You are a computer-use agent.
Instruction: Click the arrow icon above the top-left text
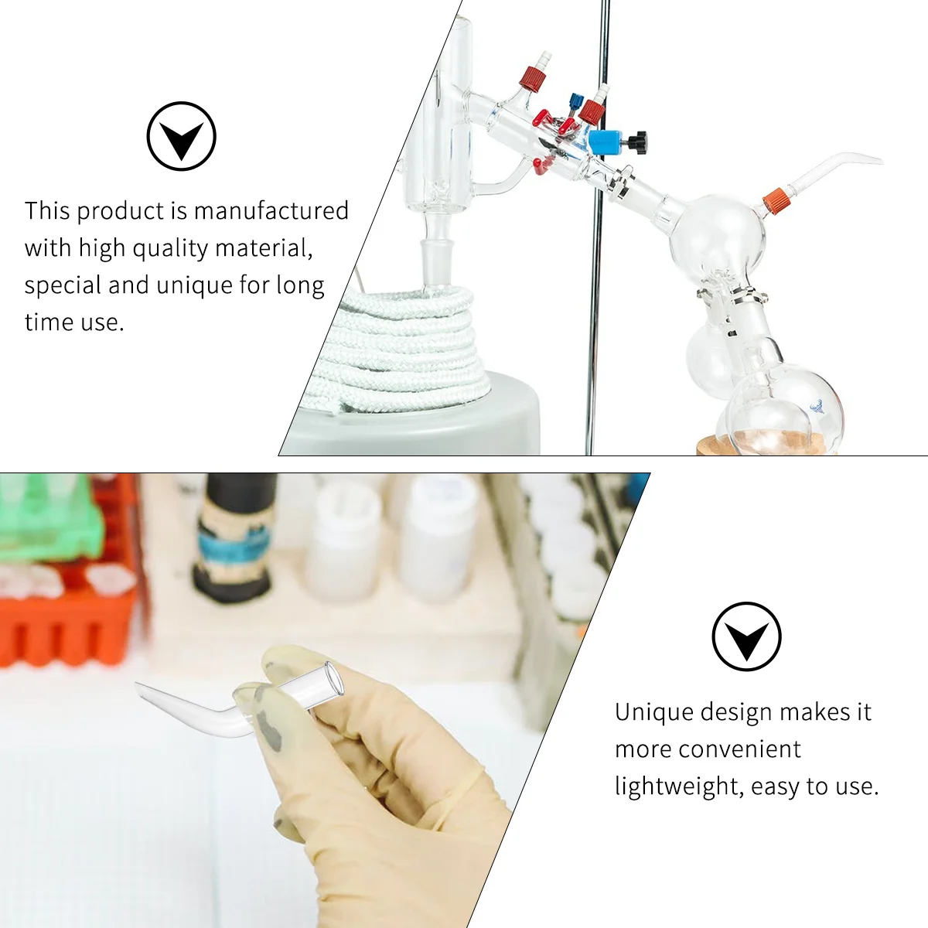tap(181, 136)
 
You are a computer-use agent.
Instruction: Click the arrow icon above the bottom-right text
tap(746, 636)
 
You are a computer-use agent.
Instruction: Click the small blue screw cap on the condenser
tap(575, 101)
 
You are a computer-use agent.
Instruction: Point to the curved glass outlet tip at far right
tap(874, 160)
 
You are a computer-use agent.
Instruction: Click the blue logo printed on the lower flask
tap(817, 405)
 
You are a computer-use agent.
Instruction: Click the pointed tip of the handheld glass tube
tap(139, 685)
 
